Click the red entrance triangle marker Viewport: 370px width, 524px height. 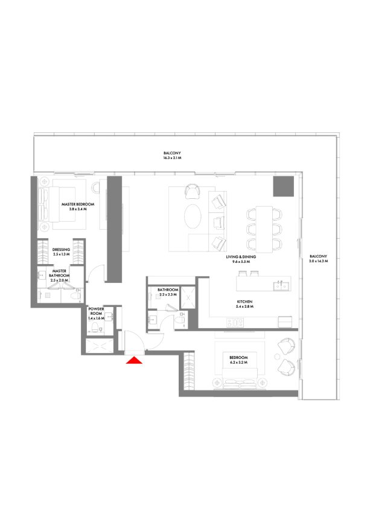(134, 360)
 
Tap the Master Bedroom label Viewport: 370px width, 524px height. (78, 207)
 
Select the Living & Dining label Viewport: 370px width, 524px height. (241, 259)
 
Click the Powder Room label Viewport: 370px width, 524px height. (96, 314)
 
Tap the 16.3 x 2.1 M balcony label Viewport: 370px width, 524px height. (172, 155)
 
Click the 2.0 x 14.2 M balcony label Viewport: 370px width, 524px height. (318, 259)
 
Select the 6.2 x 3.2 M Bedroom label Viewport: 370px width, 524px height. (238, 360)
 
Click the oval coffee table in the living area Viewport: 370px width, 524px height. (193, 216)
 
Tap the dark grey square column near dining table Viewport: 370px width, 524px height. (284, 186)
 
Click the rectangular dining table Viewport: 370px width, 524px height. (264, 229)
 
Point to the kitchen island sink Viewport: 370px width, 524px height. (282, 286)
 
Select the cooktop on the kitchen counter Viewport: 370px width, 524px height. (235, 323)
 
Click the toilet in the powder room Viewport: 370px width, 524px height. (95, 327)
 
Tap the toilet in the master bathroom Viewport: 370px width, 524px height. (75, 296)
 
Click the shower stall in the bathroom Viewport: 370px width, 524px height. (188, 298)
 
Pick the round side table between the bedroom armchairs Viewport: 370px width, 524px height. (277, 357)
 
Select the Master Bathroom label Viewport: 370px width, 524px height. (59, 276)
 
